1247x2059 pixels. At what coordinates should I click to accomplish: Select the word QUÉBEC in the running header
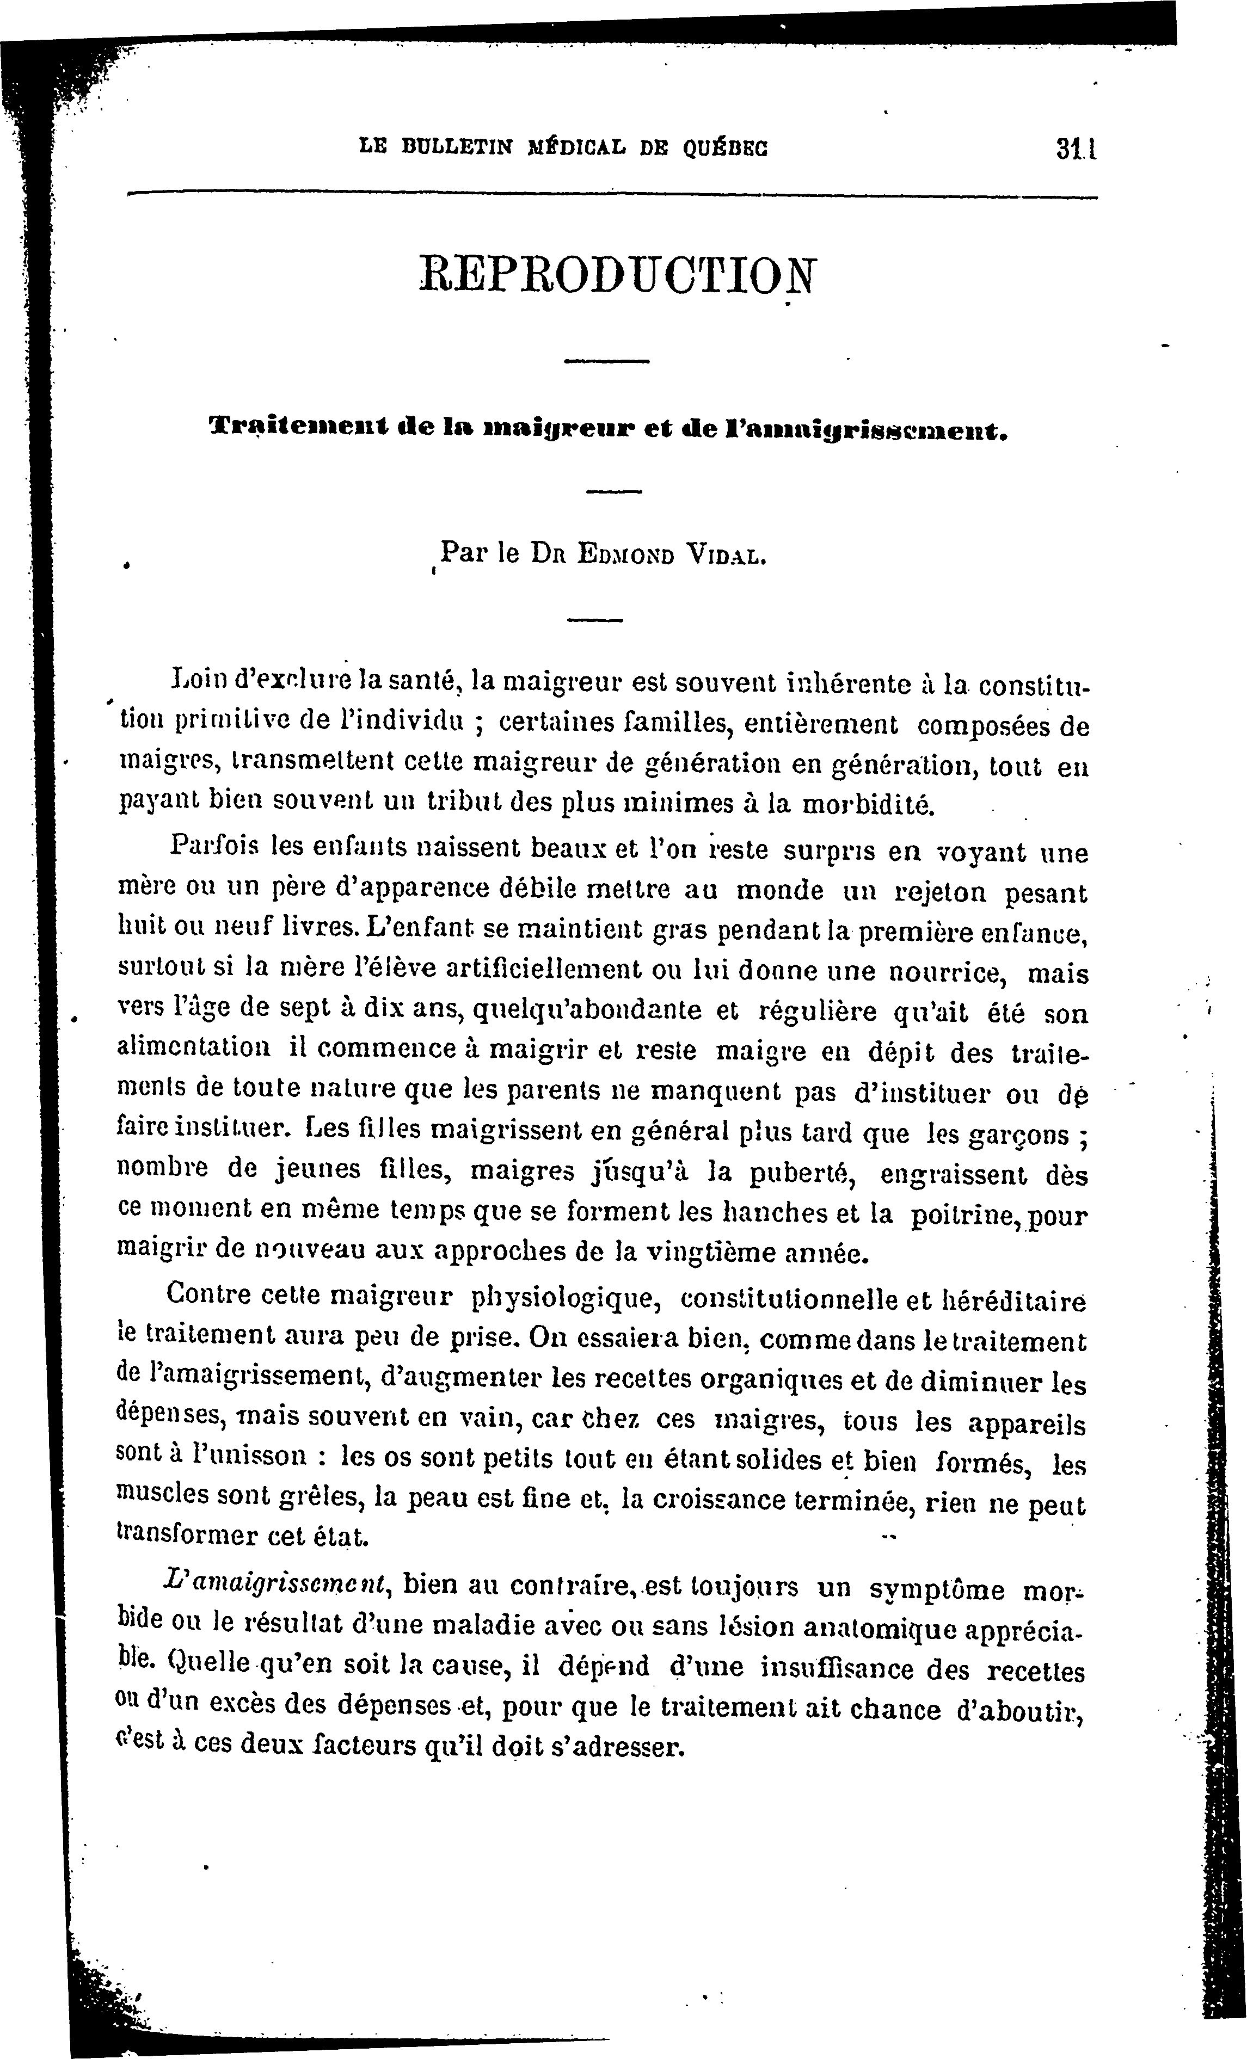tap(724, 148)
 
